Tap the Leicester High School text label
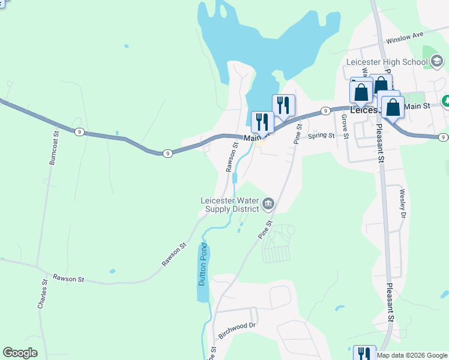pyautogui.click(x=386, y=61)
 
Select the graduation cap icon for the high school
pyautogui.click(x=436, y=61)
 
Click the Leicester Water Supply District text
pyautogui.click(x=230, y=205)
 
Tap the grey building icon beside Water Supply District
pyautogui.click(x=268, y=205)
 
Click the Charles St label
pyautogui.click(x=43, y=294)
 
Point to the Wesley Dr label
pyautogui.click(x=403, y=203)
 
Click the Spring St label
pyautogui.click(x=321, y=136)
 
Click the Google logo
pyautogui.click(x=20, y=353)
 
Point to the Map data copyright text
pyautogui.click(x=412, y=355)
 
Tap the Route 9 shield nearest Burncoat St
pyautogui.click(x=79, y=132)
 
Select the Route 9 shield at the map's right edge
pyautogui.click(x=442, y=138)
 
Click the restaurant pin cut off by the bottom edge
pyautogui.click(x=364, y=353)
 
